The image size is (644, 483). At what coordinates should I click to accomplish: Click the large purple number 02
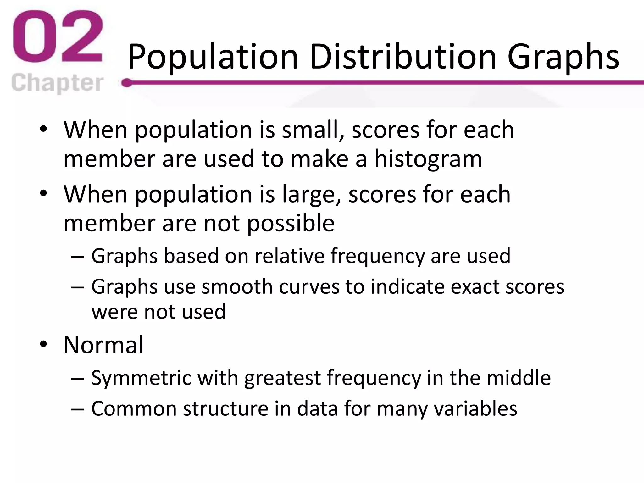point(58,37)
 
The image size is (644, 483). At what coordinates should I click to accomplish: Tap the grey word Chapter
point(57,83)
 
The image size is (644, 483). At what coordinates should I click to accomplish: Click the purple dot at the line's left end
point(127,83)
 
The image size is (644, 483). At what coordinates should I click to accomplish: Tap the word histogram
point(428,159)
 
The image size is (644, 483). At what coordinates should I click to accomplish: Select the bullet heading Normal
point(103,345)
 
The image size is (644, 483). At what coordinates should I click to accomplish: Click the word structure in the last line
point(225,408)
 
